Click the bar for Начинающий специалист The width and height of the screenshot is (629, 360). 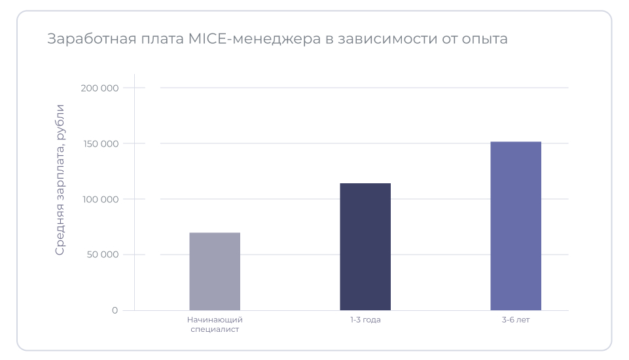[x=215, y=272]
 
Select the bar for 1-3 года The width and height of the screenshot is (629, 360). [x=365, y=247]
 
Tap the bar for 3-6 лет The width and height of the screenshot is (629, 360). [x=516, y=226]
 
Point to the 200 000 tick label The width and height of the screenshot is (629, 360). [x=101, y=88]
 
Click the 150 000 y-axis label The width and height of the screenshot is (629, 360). [x=101, y=143]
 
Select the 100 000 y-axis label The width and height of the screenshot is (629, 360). [x=101, y=199]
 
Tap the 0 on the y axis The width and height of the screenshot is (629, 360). [x=115, y=310]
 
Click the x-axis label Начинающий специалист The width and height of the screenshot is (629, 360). [x=215, y=325]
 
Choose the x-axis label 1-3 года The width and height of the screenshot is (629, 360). [x=365, y=320]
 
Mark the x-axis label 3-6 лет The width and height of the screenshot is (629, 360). [x=516, y=320]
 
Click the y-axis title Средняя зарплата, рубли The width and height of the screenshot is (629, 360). [x=60, y=179]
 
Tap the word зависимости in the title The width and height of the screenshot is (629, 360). [x=387, y=39]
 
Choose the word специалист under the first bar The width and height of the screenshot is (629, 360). [x=215, y=330]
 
